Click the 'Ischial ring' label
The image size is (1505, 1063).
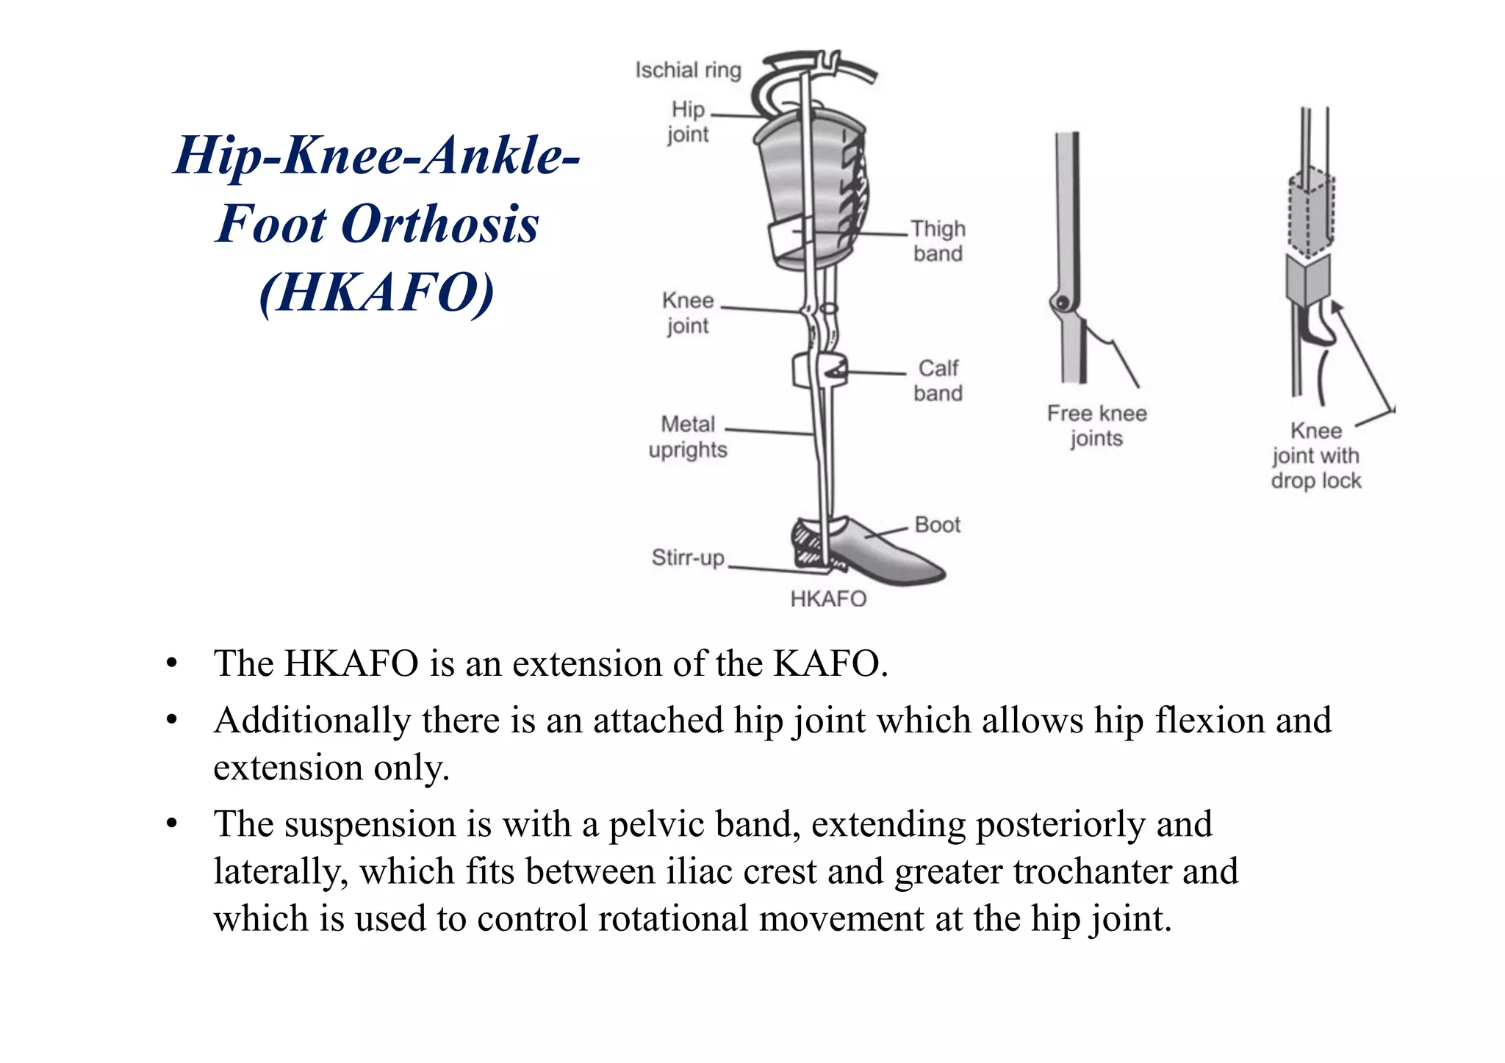pyautogui.click(x=688, y=71)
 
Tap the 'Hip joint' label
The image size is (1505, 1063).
pyautogui.click(x=688, y=122)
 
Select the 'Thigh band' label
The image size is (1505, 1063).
pyautogui.click(x=938, y=241)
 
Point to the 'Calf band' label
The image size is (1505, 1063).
pyautogui.click(x=938, y=381)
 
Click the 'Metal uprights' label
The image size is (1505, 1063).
pyautogui.click(x=688, y=437)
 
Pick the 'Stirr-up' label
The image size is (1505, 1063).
pyautogui.click(x=688, y=558)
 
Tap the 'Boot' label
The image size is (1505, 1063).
pyautogui.click(x=938, y=525)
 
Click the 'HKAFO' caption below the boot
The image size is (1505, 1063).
pyautogui.click(x=828, y=599)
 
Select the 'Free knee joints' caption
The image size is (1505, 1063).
pyautogui.click(x=1096, y=425)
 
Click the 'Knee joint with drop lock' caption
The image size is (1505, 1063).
pyautogui.click(x=1315, y=455)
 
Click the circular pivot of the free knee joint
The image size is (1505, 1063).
pyautogui.click(x=1062, y=302)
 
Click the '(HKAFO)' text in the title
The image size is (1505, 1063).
pyautogui.click(x=377, y=292)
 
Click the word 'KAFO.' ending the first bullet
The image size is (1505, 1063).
pyautogui.click(x=830, y=663)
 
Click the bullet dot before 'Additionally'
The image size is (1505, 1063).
pyautogui.click(x=171, y=721)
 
